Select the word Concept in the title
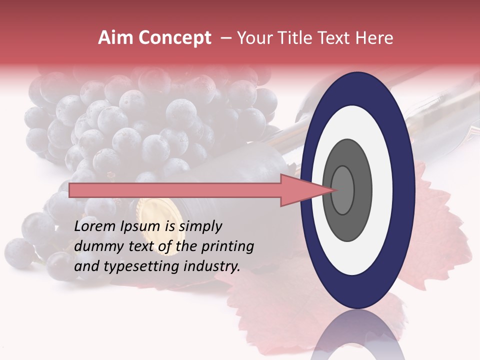click(x=174, y=38)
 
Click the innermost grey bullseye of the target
click(x=342, y=190)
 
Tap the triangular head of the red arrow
click(x=305, y=190)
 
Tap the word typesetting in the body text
click(x=139, y=266)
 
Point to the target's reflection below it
click(x=357, y=337)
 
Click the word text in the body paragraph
click(x=139, y=246)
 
